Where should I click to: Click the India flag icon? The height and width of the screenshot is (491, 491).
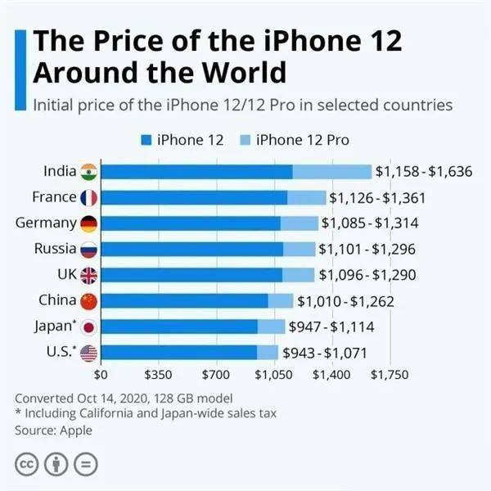point(89,172)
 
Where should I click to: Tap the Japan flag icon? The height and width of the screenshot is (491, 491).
point(89,327)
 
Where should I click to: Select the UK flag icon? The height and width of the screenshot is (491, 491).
point(89,275)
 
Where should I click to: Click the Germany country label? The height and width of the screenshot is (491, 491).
point(46,223)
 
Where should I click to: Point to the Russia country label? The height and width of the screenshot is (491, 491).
point(55,249)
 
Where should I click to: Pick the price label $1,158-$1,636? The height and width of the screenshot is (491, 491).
point(424,172)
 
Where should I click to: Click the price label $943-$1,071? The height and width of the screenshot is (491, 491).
point(324,353)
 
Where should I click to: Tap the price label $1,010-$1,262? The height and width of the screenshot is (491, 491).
point(345,301)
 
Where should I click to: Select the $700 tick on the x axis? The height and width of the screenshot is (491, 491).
point(217,376)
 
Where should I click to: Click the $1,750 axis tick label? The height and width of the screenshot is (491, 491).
point(390,376)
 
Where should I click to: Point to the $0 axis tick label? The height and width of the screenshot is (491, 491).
point(101,376)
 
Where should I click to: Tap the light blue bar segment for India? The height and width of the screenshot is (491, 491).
point(331,172)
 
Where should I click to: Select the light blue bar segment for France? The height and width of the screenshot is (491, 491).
point(306,197)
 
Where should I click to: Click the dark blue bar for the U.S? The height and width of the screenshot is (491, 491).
point(181,353)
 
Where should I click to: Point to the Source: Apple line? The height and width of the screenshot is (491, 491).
point(53,430)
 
